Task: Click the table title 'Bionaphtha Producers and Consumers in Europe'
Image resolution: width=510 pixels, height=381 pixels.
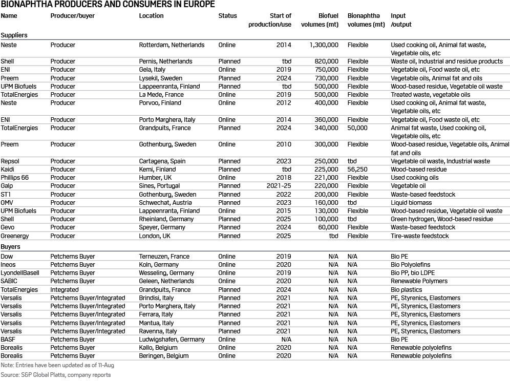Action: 108,5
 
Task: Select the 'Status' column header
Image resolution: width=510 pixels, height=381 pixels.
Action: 227,16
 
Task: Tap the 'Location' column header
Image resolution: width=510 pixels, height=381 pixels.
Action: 151,16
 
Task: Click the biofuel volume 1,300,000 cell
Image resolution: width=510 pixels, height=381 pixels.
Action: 324,45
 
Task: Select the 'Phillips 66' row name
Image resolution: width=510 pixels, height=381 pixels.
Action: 15,178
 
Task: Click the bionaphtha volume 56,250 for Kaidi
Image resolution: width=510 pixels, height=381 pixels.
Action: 357,170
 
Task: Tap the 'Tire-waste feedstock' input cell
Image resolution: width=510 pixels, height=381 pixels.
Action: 419,236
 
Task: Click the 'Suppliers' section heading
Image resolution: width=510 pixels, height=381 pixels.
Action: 14,35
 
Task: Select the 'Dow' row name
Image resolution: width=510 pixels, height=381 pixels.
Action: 7,257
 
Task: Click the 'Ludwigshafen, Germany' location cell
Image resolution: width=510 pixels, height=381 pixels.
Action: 172,340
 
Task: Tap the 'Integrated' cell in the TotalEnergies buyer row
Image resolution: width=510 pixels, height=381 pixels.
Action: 64,290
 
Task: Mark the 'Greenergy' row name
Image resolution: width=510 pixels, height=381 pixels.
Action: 14,236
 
